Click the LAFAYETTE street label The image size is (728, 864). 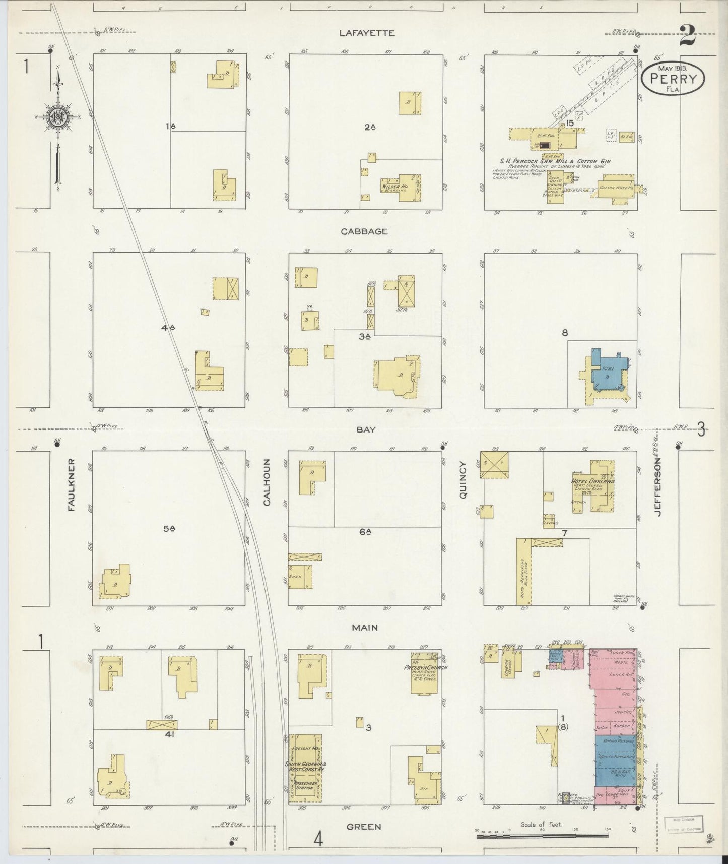click(366, 33)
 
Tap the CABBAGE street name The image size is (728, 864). click(364, 231)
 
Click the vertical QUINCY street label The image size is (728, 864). click(463, 481)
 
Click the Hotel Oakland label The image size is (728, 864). click(593, 481)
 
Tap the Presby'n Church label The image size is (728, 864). click(426, 668)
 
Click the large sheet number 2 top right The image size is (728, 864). click(687, 35)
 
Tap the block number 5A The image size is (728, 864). click(168, 528)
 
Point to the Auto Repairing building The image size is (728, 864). click(523, 572)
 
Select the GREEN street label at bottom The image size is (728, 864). click(363, 827)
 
